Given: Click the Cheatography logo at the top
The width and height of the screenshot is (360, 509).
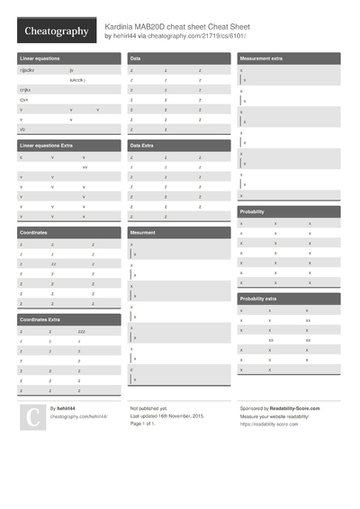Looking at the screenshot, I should tap(56, 31).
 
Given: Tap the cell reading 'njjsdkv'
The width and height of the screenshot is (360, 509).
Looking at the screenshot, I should tap(29, 69).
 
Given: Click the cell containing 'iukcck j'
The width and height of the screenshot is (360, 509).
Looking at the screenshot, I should tap(78, 79).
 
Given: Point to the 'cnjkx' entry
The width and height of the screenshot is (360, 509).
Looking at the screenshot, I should tap(25, 90).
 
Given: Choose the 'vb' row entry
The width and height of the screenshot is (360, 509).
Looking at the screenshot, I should tap(22, 129).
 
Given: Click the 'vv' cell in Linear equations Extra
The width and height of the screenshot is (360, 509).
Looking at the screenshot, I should tap(85, 167).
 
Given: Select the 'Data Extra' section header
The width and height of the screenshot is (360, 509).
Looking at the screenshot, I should tap(141, 145).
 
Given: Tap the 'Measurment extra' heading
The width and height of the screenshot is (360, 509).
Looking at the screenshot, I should tap(261, 58).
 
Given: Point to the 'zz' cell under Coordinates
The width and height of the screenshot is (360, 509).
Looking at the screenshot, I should tap(54, 264).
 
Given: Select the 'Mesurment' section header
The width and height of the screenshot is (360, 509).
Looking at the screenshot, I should tap(143, 232).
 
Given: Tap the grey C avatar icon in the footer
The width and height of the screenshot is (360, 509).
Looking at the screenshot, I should tap(32, 416).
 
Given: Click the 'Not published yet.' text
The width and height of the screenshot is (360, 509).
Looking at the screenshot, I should tap(149, 408).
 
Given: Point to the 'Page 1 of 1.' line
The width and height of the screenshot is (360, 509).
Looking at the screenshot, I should tap(148, 424).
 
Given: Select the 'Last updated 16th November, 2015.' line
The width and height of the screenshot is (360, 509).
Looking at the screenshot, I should tap(167, 416).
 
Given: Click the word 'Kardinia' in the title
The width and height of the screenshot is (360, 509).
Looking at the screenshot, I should tap(123, 27).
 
